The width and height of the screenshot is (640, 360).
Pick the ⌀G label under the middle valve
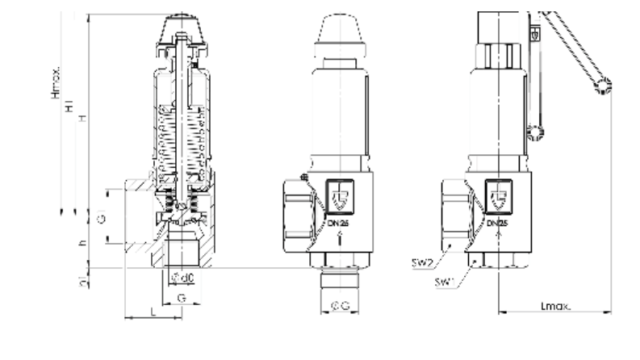coord(340,305)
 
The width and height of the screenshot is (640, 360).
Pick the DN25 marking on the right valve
coord(498,220)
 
